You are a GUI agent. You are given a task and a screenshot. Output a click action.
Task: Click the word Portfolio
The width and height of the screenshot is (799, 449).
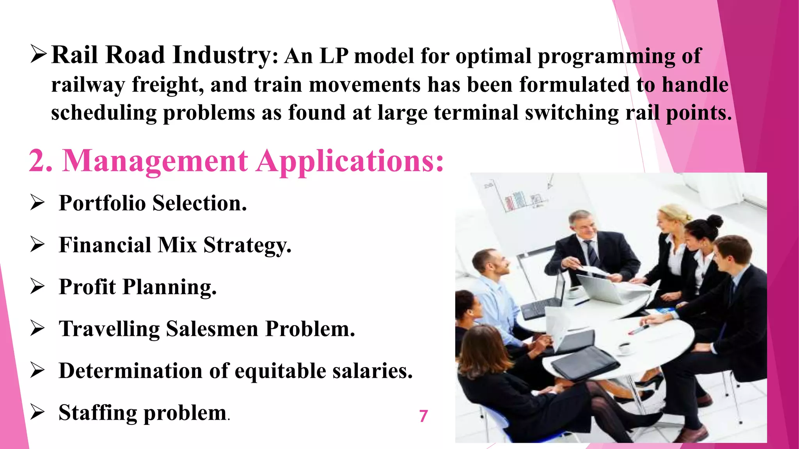tap(102, 203)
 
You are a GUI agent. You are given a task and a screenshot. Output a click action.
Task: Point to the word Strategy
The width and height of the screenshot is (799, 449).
tap(247, 246)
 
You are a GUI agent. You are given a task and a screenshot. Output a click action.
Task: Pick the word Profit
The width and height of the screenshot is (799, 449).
tap(87, 287)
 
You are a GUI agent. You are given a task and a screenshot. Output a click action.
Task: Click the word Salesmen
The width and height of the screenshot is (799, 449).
tap(212, 329)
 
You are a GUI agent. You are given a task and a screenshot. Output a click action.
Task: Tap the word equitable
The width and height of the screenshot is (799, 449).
tap(280, 371)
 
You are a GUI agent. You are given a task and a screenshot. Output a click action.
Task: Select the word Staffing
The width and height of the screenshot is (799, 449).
tap(98, 413)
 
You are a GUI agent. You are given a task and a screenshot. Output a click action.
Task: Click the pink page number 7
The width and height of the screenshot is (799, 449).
tap(424, 416)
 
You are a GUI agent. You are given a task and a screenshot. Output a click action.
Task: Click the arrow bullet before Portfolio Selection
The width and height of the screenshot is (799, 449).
tap(37, 203)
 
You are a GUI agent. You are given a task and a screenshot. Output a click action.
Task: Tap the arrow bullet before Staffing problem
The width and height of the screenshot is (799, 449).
tap(37, 412)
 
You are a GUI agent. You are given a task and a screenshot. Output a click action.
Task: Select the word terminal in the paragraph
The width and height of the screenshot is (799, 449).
tap(476, 113)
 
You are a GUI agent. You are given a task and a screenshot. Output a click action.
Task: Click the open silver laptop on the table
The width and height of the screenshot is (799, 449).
tap(601, 288)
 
